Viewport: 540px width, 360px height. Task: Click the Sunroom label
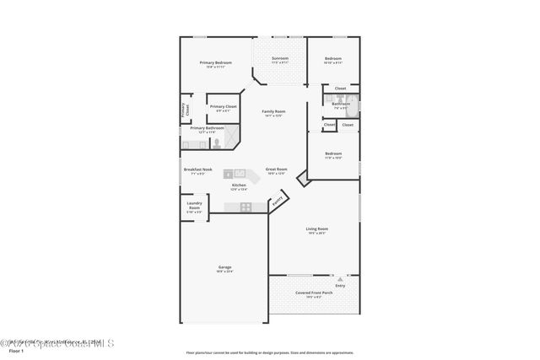(279, 58)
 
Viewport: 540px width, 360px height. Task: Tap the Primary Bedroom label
(216, 63)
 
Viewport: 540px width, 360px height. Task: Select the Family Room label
(273, 111)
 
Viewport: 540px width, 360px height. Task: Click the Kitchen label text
(239, 185)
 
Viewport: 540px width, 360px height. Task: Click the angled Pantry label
(276, 202)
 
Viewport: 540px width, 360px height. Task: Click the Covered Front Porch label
(314, 293)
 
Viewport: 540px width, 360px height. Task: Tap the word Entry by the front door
(340, 286)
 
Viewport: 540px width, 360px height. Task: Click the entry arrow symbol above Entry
(332, 276)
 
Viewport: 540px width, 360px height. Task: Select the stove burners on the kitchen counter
(246, 206)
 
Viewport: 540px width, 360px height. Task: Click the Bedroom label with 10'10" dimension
(334, 59)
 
